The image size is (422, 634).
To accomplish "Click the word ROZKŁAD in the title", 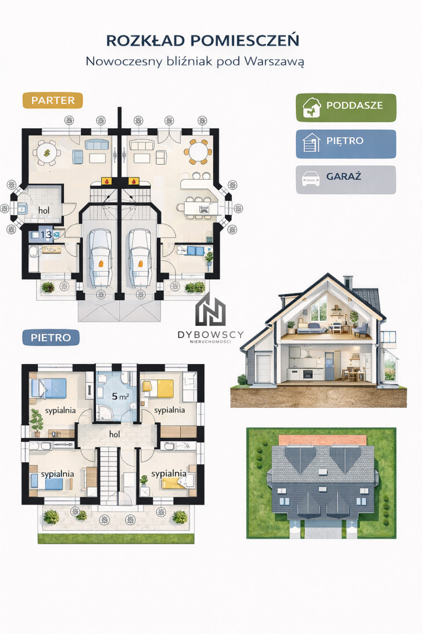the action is click(x=145, y=41).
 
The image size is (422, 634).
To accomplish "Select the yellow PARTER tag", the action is click(x=53, y=100).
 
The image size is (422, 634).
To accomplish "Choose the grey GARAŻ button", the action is click(x=346, y=180).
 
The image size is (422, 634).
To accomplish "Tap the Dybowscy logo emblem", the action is click(x=211, y=310).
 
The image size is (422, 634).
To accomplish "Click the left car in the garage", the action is click(x=100, y=258).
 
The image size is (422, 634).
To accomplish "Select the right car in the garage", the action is click(x=140, y=258).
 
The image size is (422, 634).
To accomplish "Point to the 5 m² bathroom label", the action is click(x=120, y=396).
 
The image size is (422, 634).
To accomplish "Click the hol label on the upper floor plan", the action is click(x=114, y=434).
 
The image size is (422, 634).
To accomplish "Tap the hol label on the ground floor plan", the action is click(x=44, y=210).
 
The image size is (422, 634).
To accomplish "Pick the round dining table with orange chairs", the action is click(x=198, y=152).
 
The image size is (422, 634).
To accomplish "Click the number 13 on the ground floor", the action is click(x=46, y=235).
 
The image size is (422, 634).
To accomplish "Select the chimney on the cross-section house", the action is click(x=348, y=282).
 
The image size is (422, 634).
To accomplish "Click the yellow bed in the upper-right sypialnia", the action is click(x=158, y=389).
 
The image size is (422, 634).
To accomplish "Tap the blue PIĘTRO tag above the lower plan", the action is click(x=51, y=338).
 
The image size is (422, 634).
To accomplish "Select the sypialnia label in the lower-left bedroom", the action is click(x=57, y=474).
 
